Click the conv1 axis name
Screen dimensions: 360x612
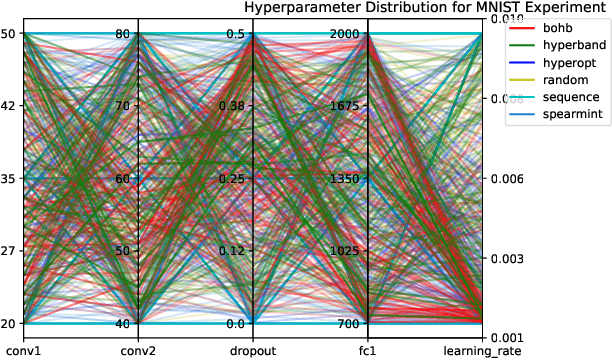23,349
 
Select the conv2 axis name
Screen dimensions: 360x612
138,349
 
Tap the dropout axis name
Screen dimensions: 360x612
253,349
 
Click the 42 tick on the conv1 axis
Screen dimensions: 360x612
8,106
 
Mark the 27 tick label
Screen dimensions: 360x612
8,251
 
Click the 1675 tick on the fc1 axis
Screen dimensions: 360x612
343,106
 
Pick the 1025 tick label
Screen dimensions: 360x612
343,251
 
